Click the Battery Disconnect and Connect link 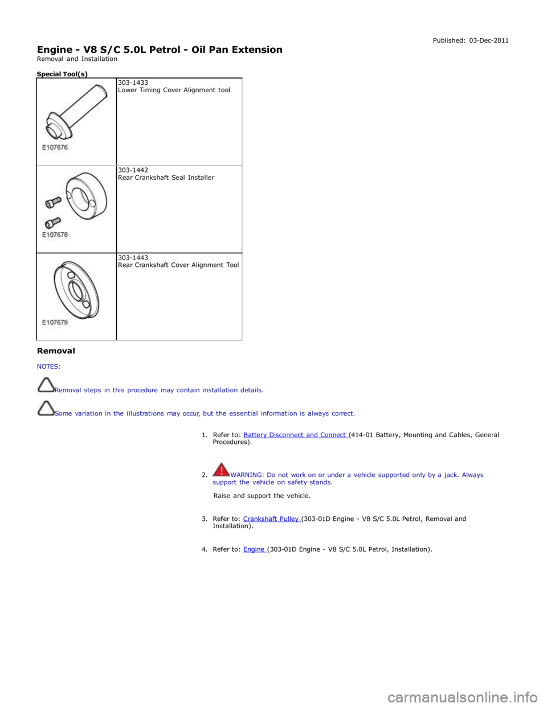click(x=296, y=435)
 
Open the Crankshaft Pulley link click(x=272, y=519)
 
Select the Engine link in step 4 click(x=255, y=549)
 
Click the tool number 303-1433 click(x=133, y=83)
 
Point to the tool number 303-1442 click(x=133, y=170)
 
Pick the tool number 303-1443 click(x=133, y=258)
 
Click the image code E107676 click(x=55, y=147)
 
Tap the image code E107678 click(x=55, y=235)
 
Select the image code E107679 click(x=55, y=322)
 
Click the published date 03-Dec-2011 click(x=489, y=40)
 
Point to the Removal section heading click(x=56, y=351)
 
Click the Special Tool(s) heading click(x=62, y=74)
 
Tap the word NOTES click(x=48, y=367)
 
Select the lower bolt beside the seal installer click(x=53, y=223)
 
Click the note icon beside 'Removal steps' click(x=46, y=385)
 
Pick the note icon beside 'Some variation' click(x=46, y=408)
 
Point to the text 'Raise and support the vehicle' click(x=262, y=496)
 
